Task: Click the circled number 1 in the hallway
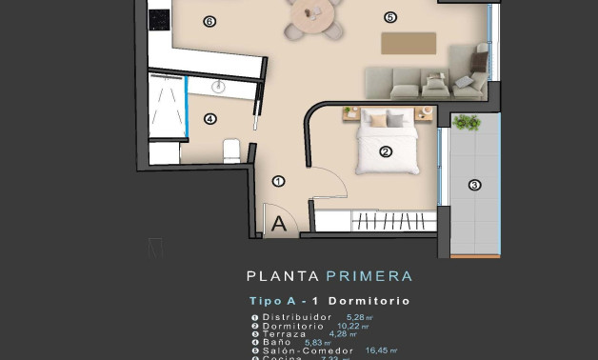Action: point(278,181)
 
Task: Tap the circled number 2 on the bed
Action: point(386,151)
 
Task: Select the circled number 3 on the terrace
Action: point(474,185)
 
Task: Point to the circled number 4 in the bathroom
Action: point(209,119)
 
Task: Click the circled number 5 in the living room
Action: point(389,17)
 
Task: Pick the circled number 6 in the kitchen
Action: point(209,21)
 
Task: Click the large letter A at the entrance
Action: point(279,225)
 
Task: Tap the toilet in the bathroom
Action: point(230,150)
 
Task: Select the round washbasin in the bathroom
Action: point(218,87)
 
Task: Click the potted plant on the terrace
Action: point(467,122)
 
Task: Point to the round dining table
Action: point(313,13)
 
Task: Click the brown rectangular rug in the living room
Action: point(409,43)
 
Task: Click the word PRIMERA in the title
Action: point(369,276)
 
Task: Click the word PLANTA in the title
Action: point(283,276)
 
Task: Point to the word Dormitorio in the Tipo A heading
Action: point(375,301)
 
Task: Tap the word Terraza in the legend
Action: point(285,334)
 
